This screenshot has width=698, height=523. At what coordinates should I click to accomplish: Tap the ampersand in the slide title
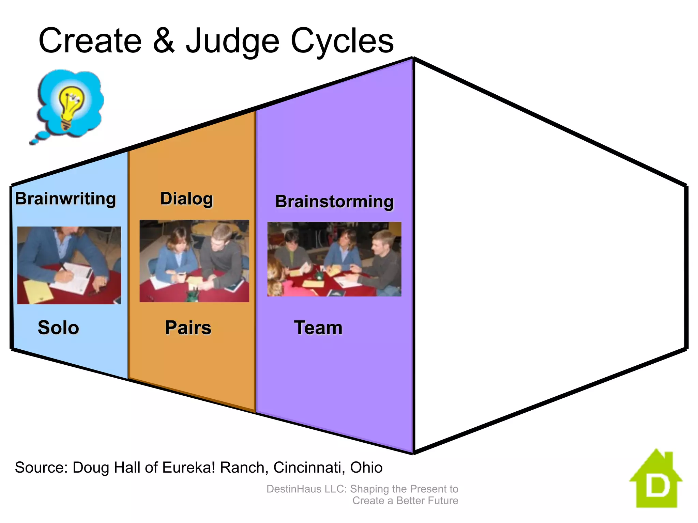[164, 41]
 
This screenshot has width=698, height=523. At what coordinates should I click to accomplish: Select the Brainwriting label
[65, 199]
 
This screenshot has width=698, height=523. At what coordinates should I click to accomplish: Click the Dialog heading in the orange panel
[186, 199]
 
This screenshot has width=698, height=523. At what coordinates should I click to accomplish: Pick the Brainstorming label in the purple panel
[334, 202]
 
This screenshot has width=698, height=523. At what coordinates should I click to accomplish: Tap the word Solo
[58, 328]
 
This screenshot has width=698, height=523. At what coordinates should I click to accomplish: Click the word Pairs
[188, 328]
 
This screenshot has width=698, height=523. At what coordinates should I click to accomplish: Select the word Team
[318, 328]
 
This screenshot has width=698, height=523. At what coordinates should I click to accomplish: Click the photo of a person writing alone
[69, 265]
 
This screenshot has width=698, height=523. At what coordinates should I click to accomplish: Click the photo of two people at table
[194, 261]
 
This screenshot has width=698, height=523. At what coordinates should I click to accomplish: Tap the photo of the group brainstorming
[334, 259]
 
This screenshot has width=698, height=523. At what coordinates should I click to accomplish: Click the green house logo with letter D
[656, 480]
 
